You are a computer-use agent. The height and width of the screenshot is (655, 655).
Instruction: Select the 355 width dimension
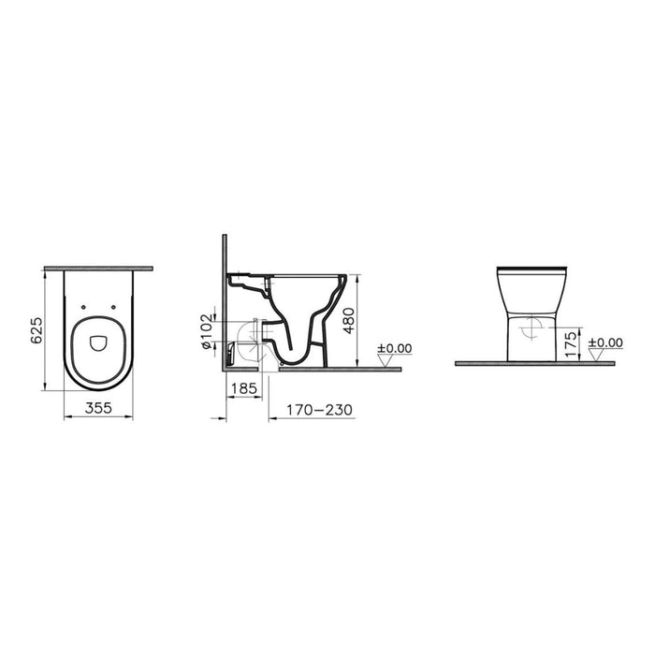tap(98, 407)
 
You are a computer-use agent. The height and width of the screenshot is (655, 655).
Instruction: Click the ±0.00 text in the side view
tap(394, 348)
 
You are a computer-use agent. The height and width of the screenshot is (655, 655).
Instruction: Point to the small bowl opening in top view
tap(98, 344)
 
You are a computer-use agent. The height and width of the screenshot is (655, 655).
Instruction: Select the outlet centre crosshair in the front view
tap(532, 327)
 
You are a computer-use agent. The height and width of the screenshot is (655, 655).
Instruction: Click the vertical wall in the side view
tap(225, 299)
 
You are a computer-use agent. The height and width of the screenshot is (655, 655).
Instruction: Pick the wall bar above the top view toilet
tap(98, 268)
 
